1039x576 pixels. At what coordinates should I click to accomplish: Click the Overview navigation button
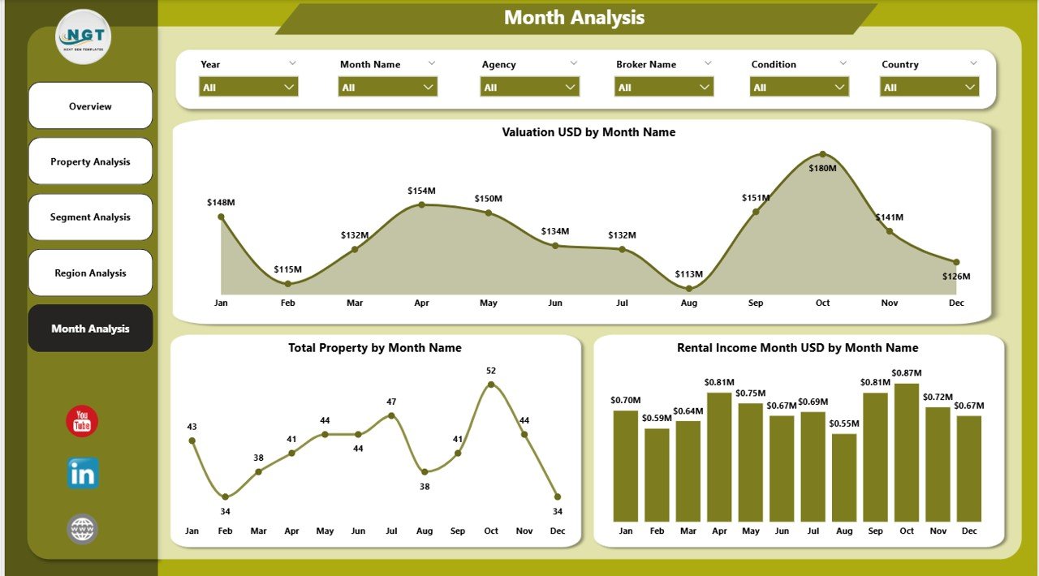point(90,106)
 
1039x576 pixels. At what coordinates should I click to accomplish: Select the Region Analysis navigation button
point(90,273)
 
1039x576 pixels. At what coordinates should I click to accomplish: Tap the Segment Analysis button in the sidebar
point(90,217)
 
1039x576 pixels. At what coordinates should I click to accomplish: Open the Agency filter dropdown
point(529,87)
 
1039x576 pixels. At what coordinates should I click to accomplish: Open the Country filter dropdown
point(929,87)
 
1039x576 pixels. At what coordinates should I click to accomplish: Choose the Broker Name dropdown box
point(664,87)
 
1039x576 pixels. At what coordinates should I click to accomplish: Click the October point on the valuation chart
point(822,154)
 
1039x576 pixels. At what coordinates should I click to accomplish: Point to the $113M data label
point(689,274)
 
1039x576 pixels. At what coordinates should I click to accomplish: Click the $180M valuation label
point(822,168)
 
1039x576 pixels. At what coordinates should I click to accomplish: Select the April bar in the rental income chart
point(719,457)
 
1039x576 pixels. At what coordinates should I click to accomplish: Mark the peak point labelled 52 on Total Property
point(491,385)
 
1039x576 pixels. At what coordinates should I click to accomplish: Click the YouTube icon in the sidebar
point(82,422)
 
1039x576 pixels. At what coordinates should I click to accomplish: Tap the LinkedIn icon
point(82,474)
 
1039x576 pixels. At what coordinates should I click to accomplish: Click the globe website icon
point(82,530)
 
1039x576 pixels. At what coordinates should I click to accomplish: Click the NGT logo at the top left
point(84,37)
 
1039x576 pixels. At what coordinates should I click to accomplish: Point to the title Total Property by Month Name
point(375,348)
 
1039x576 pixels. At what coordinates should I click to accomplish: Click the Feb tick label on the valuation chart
point(288,303)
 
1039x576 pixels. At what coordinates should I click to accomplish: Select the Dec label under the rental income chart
point(968,531)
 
